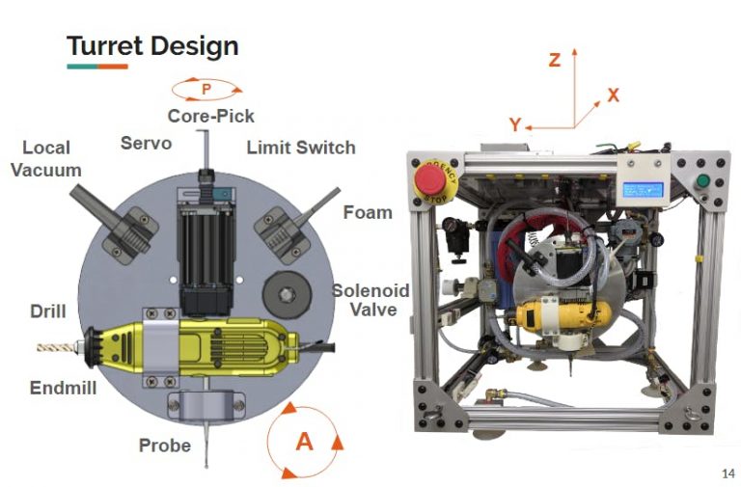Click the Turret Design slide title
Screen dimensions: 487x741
tap(151, 44)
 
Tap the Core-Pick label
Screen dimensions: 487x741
tap(210, 116)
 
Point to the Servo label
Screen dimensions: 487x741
tap(146, 143)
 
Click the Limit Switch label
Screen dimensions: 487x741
tap(301, 148)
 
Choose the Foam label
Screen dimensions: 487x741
tap(368, 211)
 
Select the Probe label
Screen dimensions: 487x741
tap(165, 446)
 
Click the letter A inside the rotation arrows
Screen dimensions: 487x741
tap(304, 441)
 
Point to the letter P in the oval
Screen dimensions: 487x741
tap(206, 90)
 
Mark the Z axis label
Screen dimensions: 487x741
tap(554, 60)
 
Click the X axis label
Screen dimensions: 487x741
tap(613, 95)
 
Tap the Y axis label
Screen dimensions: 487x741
tap(515, 124)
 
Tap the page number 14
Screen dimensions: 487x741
tap(727, 473)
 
